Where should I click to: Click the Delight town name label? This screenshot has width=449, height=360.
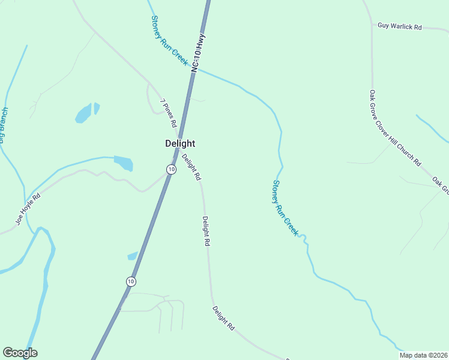tap(180, 144)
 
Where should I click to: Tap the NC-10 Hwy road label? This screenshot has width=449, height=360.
tap(199, 53)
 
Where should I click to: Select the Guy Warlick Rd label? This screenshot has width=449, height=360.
tap(400, 27)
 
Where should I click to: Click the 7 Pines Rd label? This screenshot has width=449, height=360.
tap(168, 112)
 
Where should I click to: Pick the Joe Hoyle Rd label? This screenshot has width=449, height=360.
tap(28, 209)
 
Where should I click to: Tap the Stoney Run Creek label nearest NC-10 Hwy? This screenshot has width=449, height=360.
tap(170, 46)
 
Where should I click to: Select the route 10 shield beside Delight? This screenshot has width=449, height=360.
tap(172, 170)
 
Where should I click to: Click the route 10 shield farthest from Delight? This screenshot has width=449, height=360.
tap(131, 281)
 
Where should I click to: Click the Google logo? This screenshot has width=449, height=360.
tap(20, 353)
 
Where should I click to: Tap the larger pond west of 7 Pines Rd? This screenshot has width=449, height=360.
tap(83, 113)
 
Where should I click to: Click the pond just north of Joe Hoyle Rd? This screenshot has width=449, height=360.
tap(124, 163)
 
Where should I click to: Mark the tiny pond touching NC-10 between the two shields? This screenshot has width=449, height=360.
tap(133, 256)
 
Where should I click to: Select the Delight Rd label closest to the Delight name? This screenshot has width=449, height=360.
tap(191, 167)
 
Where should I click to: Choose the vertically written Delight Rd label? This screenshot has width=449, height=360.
tap(206, 232)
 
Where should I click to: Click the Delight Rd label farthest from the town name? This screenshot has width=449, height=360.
tap(223, 318)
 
